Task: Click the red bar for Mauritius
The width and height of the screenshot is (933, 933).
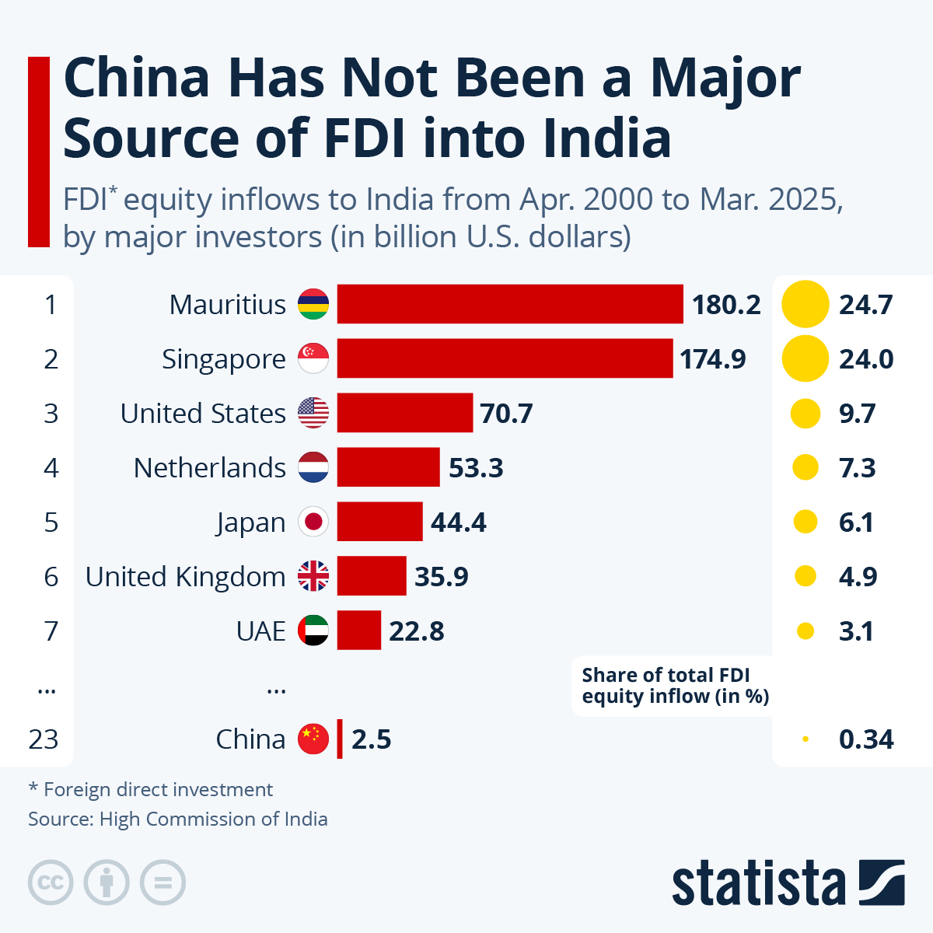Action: tap(509, 304)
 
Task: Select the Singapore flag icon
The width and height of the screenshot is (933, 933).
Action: tap(313, 358)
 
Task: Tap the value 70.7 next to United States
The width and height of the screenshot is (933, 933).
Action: tap(506, 414)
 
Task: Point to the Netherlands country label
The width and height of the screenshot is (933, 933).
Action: tap(210, 468)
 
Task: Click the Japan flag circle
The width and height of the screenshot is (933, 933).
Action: tap(313, 522)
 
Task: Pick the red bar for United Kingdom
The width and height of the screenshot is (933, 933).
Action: tap(372, 576)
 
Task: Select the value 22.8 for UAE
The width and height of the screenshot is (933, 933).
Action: tap(417, 631)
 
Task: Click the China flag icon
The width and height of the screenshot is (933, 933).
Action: tap(313, 739)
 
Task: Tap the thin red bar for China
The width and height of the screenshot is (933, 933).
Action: tap(340, 739)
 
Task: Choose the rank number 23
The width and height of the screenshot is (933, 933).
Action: tap(44, 739)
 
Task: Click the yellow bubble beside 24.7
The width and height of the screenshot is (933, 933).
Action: tap(805, 304)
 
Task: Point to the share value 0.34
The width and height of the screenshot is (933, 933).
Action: tap(866, 739)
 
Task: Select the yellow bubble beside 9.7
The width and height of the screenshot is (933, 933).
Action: tap(805, 414)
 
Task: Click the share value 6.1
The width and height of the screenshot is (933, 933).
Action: tap(856, 522)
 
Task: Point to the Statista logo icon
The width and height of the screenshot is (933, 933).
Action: tap(882, 882)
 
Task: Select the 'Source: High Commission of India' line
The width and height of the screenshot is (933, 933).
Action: tap(178, 819)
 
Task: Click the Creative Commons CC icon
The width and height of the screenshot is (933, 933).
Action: tap(51, 882)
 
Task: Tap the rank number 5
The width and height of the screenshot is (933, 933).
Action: tap(51, 522)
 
